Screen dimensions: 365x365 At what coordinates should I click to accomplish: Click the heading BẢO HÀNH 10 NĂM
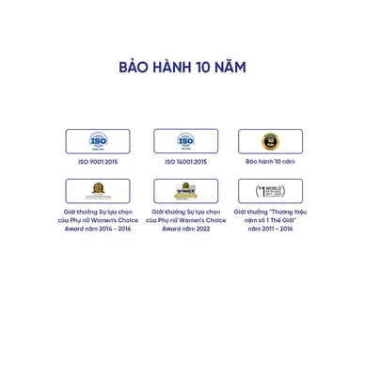click(182, 70)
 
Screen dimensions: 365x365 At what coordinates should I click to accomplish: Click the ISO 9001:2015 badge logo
click(99, 141)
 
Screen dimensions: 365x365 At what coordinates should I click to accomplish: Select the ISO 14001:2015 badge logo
click(185, 141)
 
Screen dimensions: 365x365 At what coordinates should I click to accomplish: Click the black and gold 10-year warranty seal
click(270, 141)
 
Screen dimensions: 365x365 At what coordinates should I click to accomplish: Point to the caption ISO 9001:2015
click(99, 162)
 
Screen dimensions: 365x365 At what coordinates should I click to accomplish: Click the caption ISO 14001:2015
click(185, 162)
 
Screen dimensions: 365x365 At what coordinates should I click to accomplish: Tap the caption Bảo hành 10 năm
click(270, 162)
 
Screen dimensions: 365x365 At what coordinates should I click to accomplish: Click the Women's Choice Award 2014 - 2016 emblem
click(99, 191)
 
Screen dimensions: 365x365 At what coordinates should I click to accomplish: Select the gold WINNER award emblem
click(185, 191)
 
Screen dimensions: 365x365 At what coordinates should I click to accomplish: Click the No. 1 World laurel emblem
click(270, 191)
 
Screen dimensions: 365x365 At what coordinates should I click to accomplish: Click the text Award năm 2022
click(185, 229)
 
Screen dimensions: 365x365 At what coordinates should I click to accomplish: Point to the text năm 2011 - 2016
click(270, 229)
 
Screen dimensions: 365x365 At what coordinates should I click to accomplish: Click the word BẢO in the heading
click(135, 70)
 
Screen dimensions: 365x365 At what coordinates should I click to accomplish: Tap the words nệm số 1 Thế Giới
click(270, 220)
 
